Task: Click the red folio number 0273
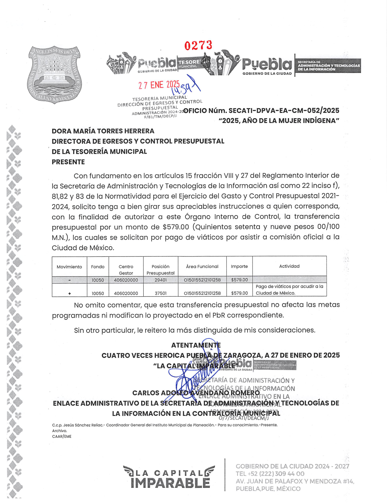pos(198,45)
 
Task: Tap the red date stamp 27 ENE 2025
pos(159,85)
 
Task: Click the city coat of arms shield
pos(54,74)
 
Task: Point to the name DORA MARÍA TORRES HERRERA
pos(103,131)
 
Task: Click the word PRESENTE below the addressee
pos(68,162)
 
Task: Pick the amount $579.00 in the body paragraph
pos(176,227)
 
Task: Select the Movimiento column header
pos(69,267)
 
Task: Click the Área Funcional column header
pos(202,266)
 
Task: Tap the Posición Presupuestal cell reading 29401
pos(161,280)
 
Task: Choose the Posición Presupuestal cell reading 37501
pos(161,293)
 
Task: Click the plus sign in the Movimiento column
pos(70,294)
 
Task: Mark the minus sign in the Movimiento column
pos(70,280)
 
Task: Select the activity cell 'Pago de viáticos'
pos(289,290)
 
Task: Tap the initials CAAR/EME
pos(62,437)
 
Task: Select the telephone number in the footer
pos(270,474)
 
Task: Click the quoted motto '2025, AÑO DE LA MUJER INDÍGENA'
pos(279,121)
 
